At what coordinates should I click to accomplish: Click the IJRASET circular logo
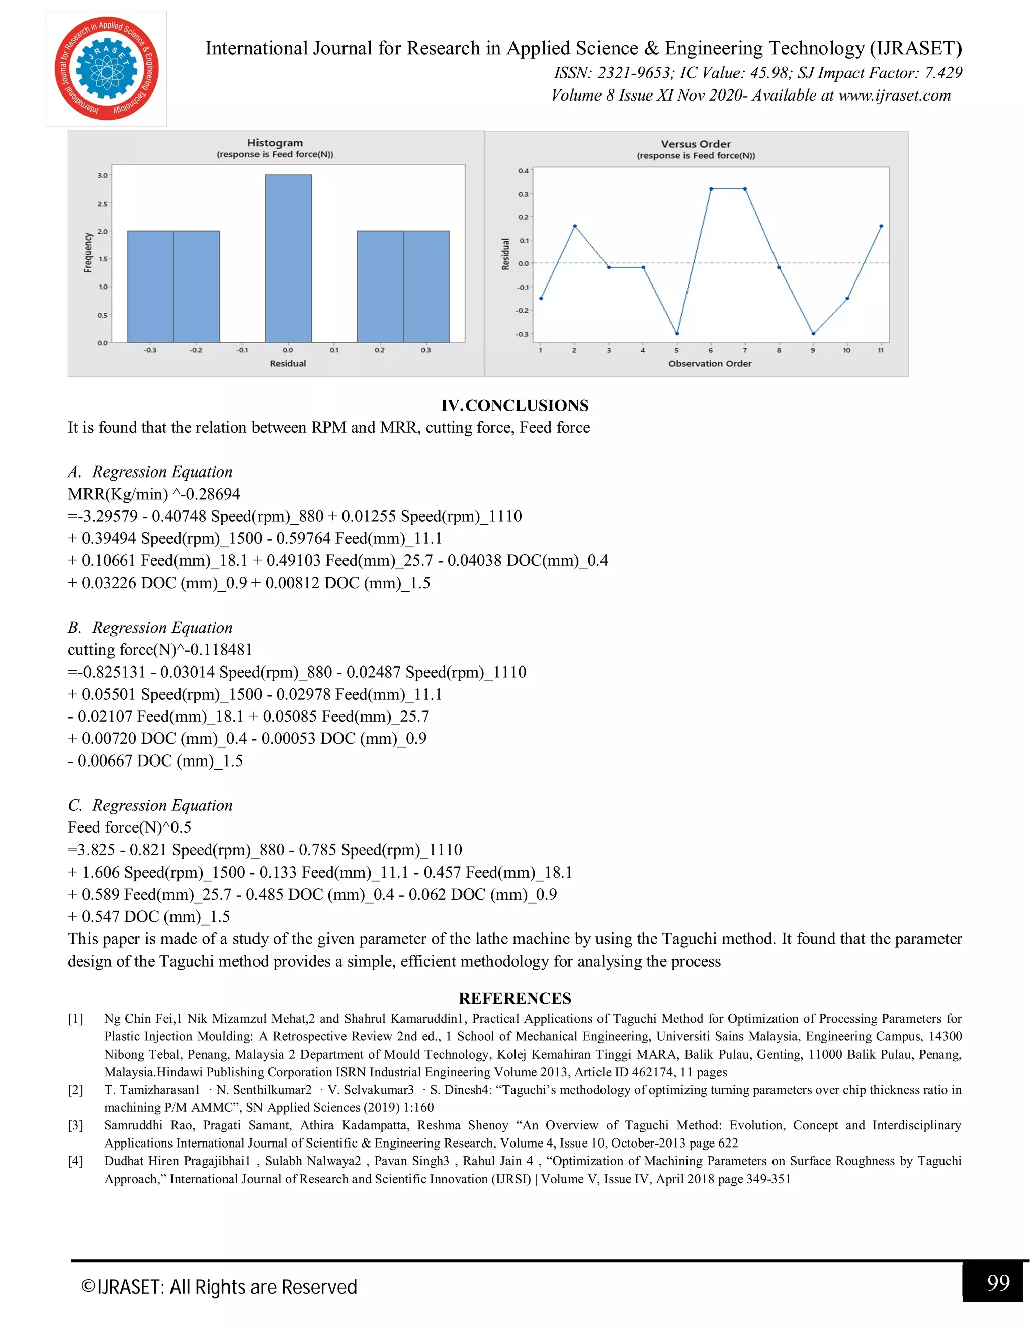coord(106,69)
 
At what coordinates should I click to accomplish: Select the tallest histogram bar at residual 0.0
coord(288,258)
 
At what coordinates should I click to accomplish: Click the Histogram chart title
coord(275,143)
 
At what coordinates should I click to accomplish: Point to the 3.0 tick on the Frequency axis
coord(102,175)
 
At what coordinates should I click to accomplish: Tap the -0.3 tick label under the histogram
coord(149,350)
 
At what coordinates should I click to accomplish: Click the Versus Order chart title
coord(696,144)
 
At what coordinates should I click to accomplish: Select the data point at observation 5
coord(677,334)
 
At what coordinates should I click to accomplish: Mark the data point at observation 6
coord(711,189)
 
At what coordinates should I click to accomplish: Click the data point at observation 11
coord(881,226)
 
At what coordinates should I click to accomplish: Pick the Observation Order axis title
coord(710,363)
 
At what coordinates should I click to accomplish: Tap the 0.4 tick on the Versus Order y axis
coord(524,171)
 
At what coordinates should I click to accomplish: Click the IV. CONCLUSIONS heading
coord(515,406)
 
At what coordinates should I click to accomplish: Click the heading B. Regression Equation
coord(150,628)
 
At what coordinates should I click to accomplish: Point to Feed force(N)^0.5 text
coord(129,828)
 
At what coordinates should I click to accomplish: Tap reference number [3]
coord(75,1125)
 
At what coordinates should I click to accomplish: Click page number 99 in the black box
coord(998,1283)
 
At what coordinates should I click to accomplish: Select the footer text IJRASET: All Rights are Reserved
coord(220,1287)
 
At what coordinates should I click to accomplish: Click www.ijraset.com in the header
coord(895,95)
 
